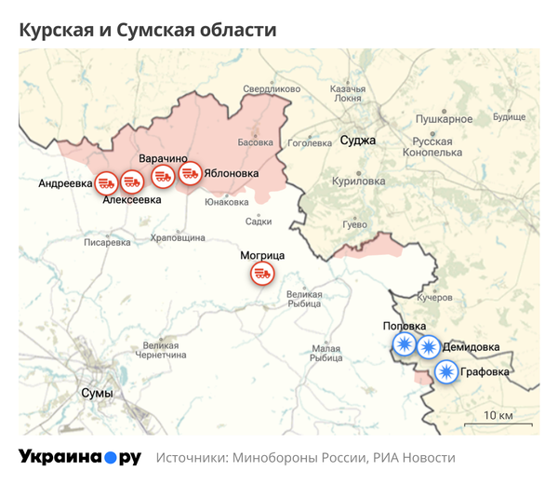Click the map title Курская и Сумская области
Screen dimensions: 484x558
[148, 30]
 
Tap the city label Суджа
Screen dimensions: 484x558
[358, 141]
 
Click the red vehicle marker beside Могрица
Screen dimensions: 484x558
[262, 274]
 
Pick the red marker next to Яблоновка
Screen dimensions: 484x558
[191, 173]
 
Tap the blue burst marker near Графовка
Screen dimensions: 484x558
[447, 372]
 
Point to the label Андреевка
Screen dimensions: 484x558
[65, 183]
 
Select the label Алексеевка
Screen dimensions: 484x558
[131, 200]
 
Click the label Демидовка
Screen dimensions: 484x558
[471, 347]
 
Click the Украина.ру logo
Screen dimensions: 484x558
[80, 458]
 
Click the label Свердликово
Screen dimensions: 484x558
[272, 89]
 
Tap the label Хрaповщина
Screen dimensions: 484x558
[178, 238]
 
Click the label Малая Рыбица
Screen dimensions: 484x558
[326, 353]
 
